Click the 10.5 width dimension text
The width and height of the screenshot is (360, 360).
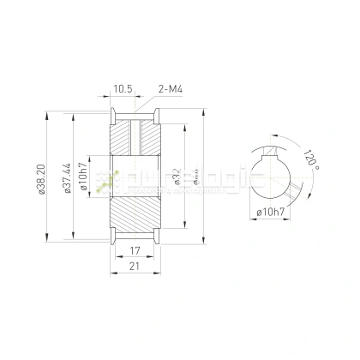click(x=122, y=88)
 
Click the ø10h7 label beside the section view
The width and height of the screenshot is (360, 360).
click(x=83, y=180)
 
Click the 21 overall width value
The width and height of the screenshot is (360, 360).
click(x=135, y=267)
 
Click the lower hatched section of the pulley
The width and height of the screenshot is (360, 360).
click(x=135, y=221)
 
